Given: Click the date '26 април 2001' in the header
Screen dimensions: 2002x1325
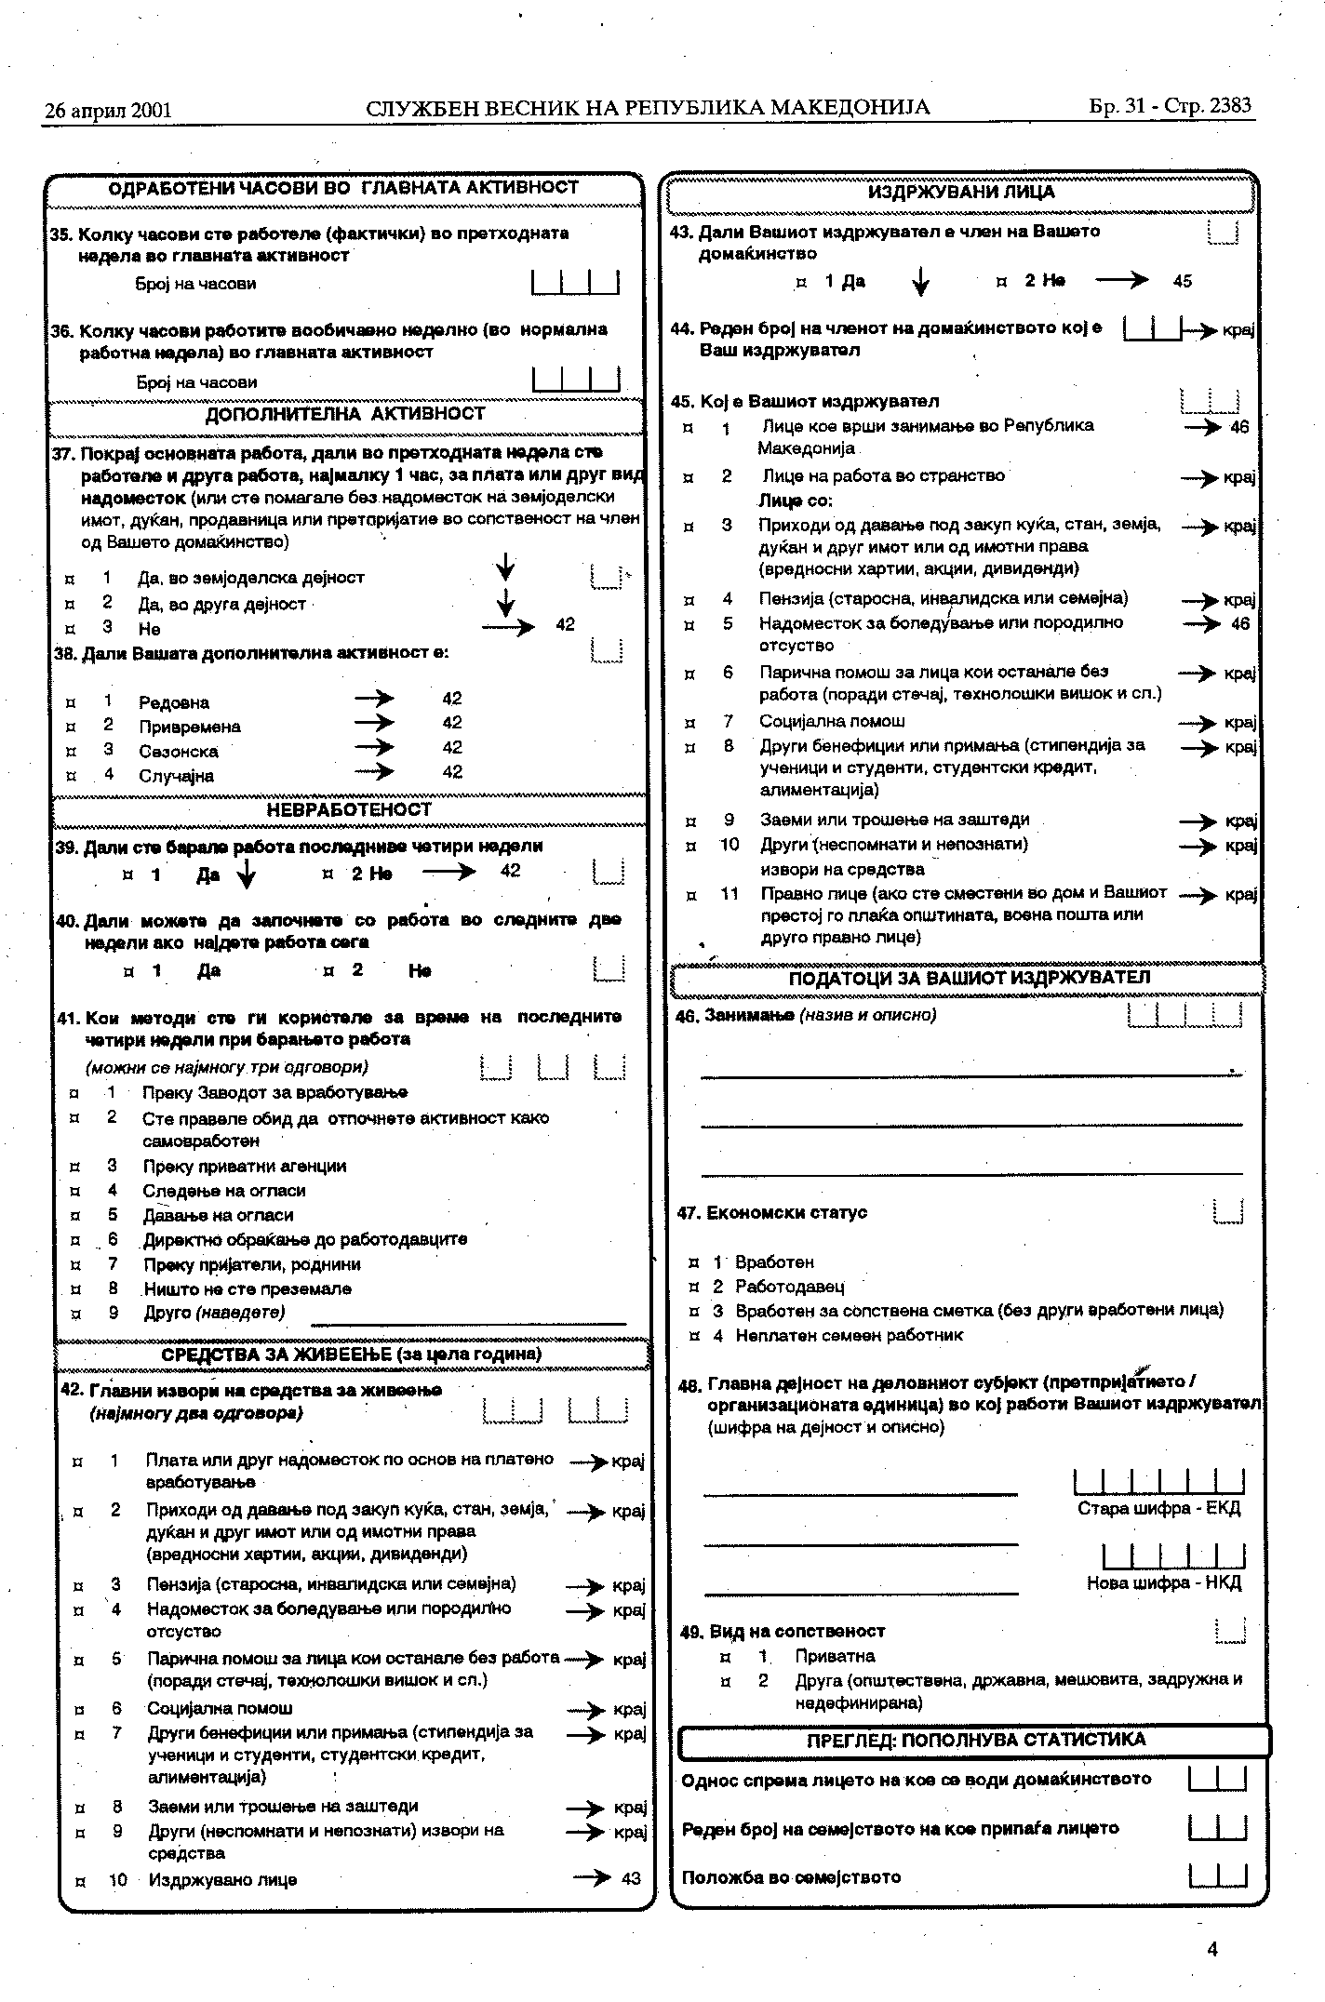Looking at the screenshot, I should pyautogui.click(x=108, y=111).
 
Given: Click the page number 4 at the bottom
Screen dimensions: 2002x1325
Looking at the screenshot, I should pyautogui.click(x=1211, y=1948).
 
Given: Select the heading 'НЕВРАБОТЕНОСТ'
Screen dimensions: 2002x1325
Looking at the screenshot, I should pyautogui.click(x=349, y=810).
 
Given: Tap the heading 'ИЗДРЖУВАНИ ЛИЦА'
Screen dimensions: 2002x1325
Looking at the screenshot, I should pyautogui.click(x=961, y=193).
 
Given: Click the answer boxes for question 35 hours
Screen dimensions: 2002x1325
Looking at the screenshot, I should pyautogui.click(x=575, y=282).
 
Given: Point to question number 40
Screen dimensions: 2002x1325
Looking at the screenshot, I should pyautogui.click(x=67, y=921).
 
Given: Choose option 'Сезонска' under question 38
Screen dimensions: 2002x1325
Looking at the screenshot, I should pyautogui.click(x=179, y=751).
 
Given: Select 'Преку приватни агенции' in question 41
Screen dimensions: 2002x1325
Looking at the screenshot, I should pyautogui.click(x=244, y=1166).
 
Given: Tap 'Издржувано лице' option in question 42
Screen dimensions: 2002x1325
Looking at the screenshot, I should pyautogui.click(x=222, y=1879).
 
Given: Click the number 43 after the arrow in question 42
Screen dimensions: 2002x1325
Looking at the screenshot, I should pyautogui.click(x=631, y=1878).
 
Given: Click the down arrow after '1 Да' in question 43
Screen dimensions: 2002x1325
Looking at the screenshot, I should pyautogui.click(x=919, y=281).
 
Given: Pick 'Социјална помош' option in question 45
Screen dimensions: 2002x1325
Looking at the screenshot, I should pyautogui.click(x=832, y=721).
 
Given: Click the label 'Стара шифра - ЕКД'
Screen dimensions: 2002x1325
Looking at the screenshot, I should pyautogui.click(x=1158, y=1509).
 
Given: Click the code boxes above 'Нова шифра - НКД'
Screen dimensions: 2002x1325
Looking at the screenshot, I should pyautogui.click(x=1173, y=1556).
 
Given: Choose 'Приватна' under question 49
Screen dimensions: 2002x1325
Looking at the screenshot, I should pyautogui.click(x=835, y=1656).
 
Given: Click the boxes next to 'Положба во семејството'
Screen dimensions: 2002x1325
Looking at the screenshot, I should pyautogui.click(x=1217, y=1876).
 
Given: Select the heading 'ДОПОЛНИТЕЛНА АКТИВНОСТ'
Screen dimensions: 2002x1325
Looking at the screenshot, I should pyautogui.click(x=345, y=414).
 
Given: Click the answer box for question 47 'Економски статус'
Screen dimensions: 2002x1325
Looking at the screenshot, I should pyautogui.click(x=1228, y=1211).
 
